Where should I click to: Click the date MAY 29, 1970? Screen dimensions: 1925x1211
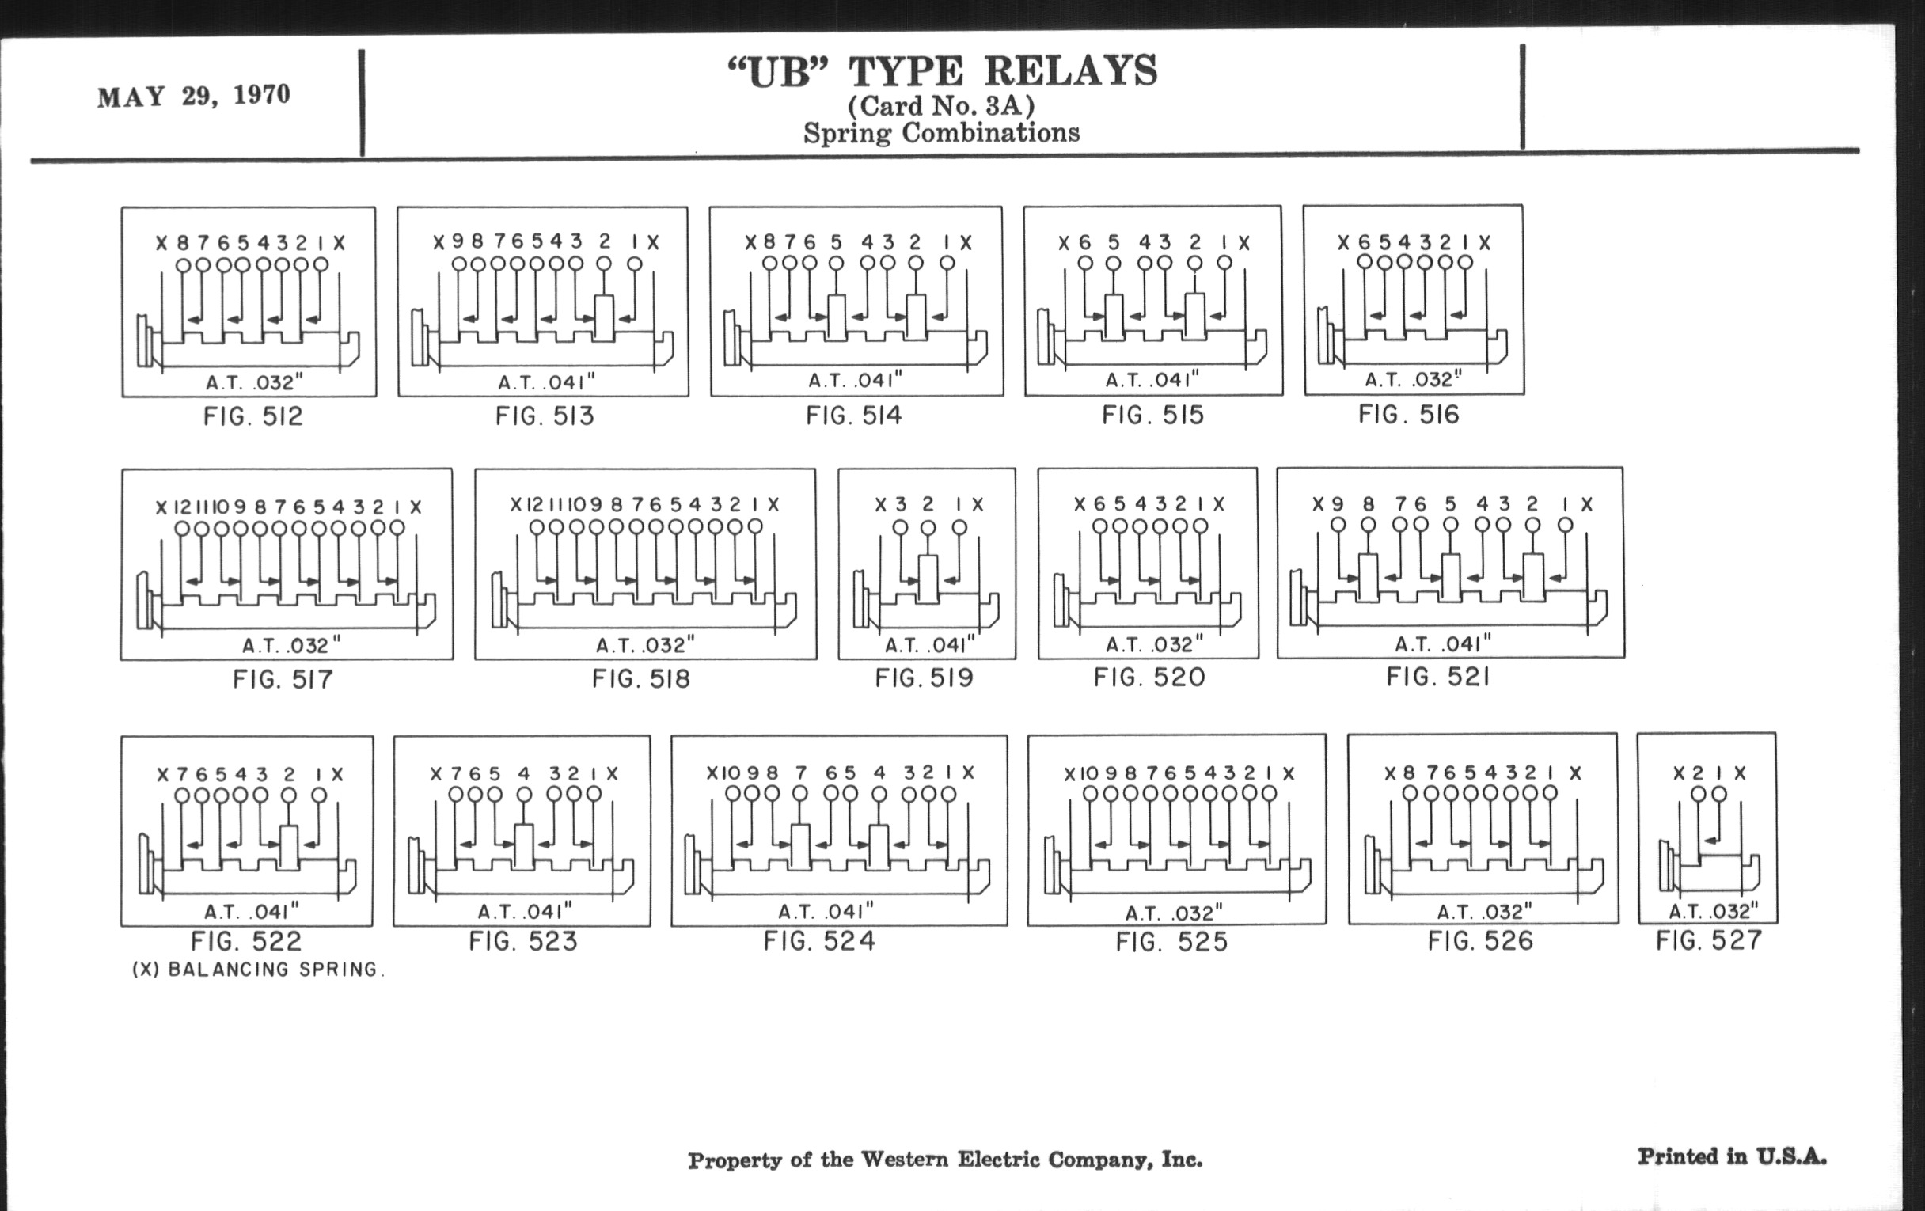click(x=193, y=96)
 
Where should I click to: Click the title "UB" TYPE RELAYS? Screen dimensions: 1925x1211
click(x=943, y=71)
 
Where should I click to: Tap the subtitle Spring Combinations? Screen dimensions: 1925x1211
click(x=942, y=133)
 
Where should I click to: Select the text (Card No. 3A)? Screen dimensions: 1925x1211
click(x=942, y=105)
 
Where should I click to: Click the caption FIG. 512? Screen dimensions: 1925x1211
click(x=253, y=416)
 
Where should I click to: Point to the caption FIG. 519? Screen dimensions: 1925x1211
click(x=925, y=678)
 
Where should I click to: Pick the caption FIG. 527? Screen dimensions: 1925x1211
click(x=1709, y=940)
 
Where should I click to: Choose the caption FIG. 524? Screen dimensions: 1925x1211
click(x=819, y=941)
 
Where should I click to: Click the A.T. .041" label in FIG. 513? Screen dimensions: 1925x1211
click(x=547, y=382)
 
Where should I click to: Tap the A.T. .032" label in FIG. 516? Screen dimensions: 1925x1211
click(x=1414, y=379)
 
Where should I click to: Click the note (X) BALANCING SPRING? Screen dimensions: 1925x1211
click(x=258, y=970)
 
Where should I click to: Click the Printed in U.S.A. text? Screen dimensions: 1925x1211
click(x=1733, y=1156)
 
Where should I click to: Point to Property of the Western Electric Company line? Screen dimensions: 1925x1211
click(x=945, y=1160)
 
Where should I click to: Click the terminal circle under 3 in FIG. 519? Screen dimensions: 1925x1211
click(x=900, y=528)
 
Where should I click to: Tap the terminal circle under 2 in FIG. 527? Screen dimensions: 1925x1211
click(x=1699, y=794)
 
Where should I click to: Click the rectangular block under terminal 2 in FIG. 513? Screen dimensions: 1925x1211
click(x=605, y=318)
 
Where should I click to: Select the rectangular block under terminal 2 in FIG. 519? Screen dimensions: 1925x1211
click(x=928, y=579)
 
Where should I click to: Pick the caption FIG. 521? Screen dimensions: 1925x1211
click(x=1438, y=677)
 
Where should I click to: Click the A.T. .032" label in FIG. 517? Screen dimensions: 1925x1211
click(x=291, y=645)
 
